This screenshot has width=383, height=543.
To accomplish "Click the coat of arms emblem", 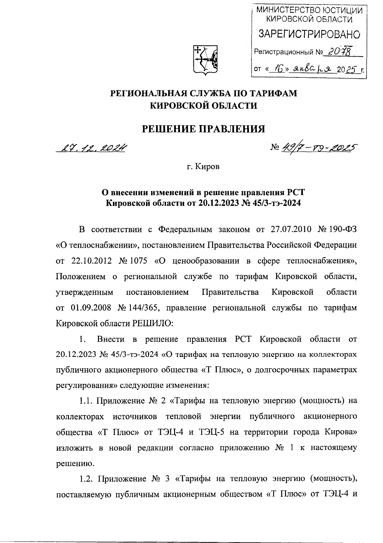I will tap(204, 60).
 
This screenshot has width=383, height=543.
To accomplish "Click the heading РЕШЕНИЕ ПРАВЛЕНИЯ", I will tap(203, 129).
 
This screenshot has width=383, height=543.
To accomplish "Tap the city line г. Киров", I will tap(203, 167).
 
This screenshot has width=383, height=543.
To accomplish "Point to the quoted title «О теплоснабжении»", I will tap(97, 245).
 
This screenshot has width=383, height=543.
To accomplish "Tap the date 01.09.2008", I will tap(91, 308).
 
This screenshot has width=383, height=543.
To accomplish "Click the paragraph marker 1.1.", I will tap(86, 401).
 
